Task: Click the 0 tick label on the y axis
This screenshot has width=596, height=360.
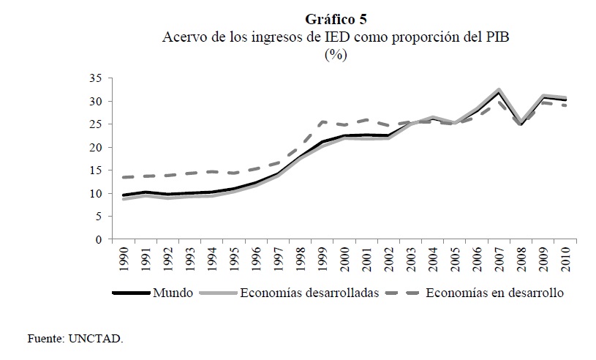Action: [x=96, y=239]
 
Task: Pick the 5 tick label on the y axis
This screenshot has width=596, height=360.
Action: [x=96, y=217]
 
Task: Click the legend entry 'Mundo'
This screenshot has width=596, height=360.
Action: [x=173, y=293]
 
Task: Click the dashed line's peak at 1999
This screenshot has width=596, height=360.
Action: [x=322, y=121]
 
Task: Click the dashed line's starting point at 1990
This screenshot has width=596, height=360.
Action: [x=124, y=177]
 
